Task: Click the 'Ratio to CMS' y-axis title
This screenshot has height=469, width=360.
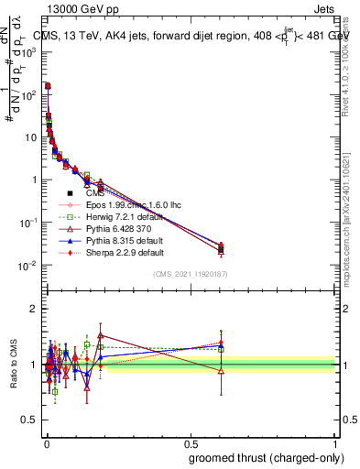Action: pyautogui.click(x=15, y=365)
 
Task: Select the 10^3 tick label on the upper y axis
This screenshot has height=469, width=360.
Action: pyautogui.click(x=28, y=52)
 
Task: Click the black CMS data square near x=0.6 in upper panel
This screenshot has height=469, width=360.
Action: pyautogui.click(x=220, y=249)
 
